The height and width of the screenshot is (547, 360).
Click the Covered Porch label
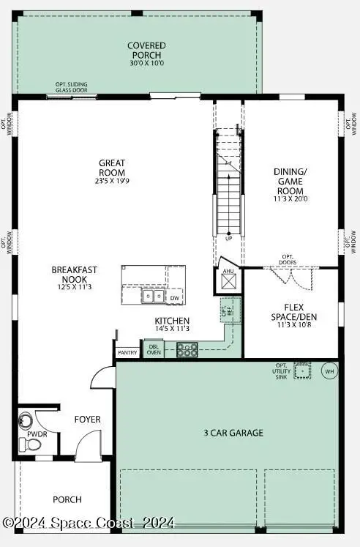point(146,50)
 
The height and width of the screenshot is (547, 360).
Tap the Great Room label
point(112,168)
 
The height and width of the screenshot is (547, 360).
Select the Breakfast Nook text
point(74,275)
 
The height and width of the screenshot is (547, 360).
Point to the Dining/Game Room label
point(291,181)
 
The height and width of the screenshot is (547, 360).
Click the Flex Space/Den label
point(290,313)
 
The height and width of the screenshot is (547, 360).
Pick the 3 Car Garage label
point(233,433)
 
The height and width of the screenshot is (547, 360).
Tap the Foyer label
point(87,420)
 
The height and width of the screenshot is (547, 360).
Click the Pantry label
point(127,352)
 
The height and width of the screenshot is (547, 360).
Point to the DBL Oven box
point(154,349)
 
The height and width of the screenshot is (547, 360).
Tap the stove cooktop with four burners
point(187,349)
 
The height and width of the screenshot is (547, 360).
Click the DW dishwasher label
point(174,298)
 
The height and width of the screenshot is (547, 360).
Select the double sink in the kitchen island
point(153,297)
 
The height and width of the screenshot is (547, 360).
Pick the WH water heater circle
point(329,371)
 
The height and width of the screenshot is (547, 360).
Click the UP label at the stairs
point(228,239)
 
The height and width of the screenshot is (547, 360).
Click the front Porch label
point(67,499)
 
